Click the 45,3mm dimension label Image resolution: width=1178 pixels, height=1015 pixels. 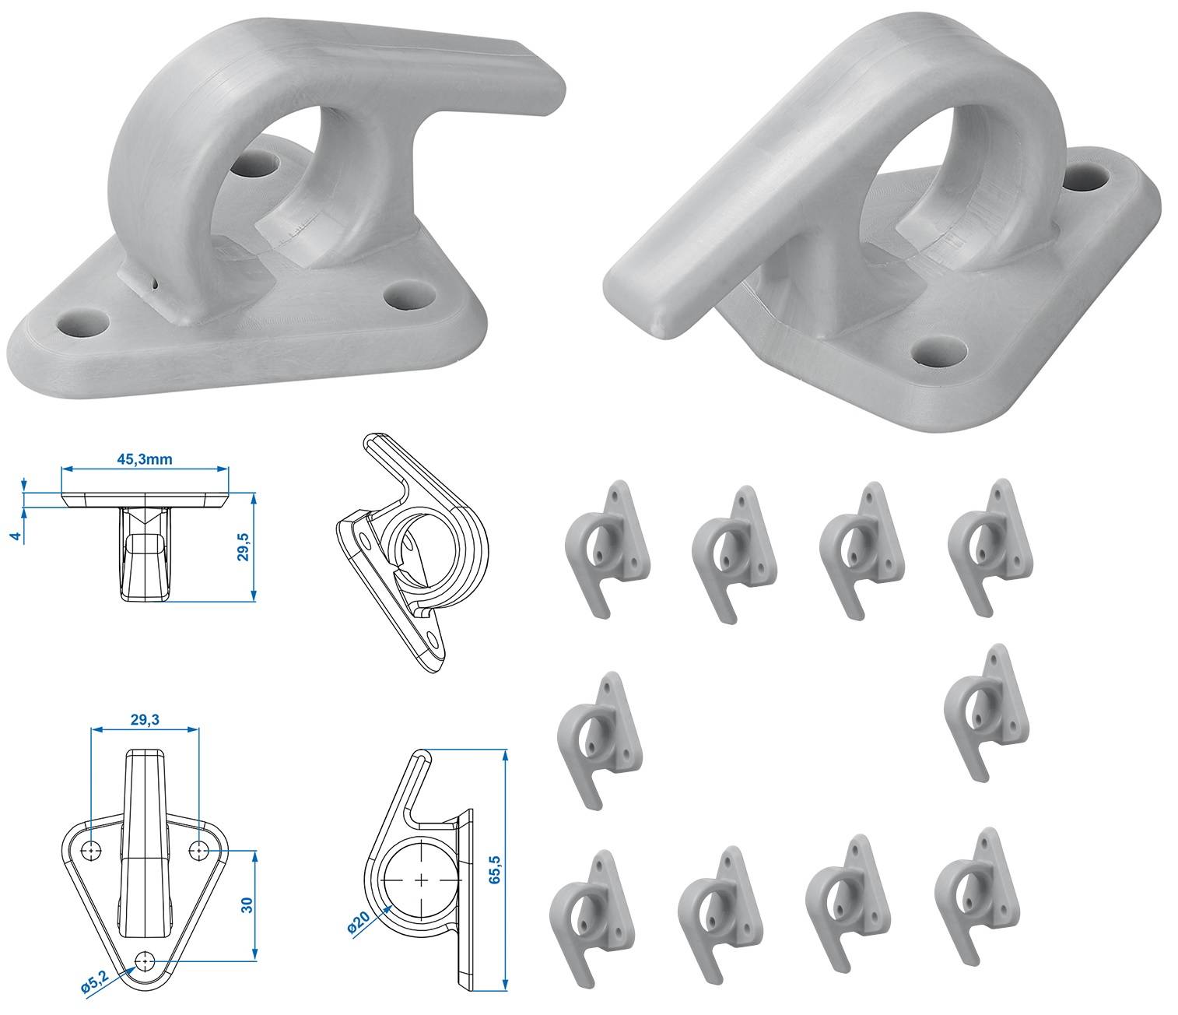pyautogui.click(x=145, y=459)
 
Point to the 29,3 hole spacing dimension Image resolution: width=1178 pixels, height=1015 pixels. pyautogui.click(x=145, y=720)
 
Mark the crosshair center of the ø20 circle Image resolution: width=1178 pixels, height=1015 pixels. pyautogui.click(x=422, y=880)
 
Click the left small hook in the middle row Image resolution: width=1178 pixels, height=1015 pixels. pyautogui.click(x=599, y=738)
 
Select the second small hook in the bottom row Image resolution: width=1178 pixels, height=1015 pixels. pyautogui.click(x=718, y=914)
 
